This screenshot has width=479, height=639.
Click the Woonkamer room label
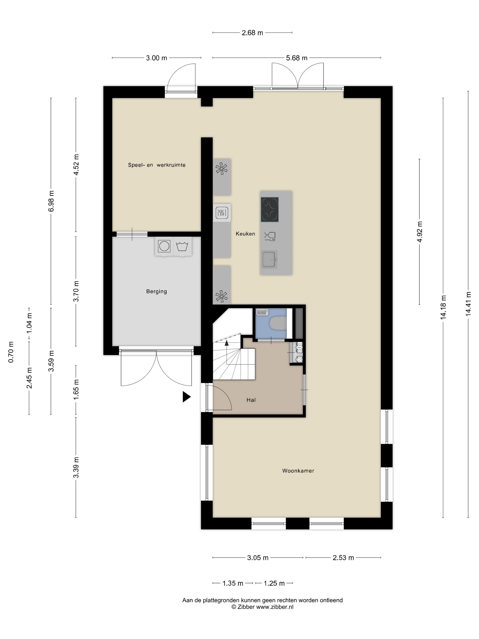298,471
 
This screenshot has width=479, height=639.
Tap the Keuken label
245,234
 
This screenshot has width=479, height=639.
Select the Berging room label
156,291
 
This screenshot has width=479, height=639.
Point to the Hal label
251,400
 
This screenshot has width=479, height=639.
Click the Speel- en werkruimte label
157,165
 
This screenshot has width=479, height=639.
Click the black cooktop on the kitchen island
269,210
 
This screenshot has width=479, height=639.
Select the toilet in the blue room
278,323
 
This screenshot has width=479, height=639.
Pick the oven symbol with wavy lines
222,213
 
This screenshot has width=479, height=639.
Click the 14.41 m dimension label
468,304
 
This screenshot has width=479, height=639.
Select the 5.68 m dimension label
297,58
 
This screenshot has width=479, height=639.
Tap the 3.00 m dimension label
156,58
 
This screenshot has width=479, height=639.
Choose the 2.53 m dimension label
343,558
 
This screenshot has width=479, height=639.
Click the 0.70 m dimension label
11,352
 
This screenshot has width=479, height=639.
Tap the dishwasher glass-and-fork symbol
270,236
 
